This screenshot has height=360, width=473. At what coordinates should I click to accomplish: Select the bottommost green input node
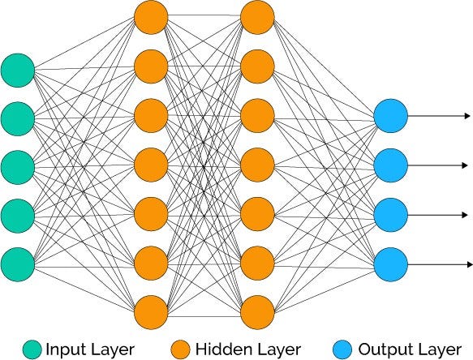(x=18, y=264)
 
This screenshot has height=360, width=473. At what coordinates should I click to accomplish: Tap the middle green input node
(x=18, y=166)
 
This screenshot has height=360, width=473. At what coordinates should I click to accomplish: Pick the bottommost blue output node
(x=391, y=264)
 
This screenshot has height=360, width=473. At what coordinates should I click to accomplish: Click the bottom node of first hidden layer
(x=151, y=311)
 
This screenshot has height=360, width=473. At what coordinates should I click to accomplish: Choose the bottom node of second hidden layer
(x=257, y=311)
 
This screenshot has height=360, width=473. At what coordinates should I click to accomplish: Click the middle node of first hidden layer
(x=151, y=165)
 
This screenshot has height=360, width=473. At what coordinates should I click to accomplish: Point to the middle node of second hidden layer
(x=257, y=165)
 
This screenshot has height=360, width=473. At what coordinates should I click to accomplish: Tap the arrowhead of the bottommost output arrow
(x=467, y=264)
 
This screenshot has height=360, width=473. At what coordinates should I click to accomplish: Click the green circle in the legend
(x=33, y=349)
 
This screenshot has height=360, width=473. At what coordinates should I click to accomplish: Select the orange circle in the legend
(x=182, y=349)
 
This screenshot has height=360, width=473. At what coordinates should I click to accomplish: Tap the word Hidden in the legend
(x=218, y=349)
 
